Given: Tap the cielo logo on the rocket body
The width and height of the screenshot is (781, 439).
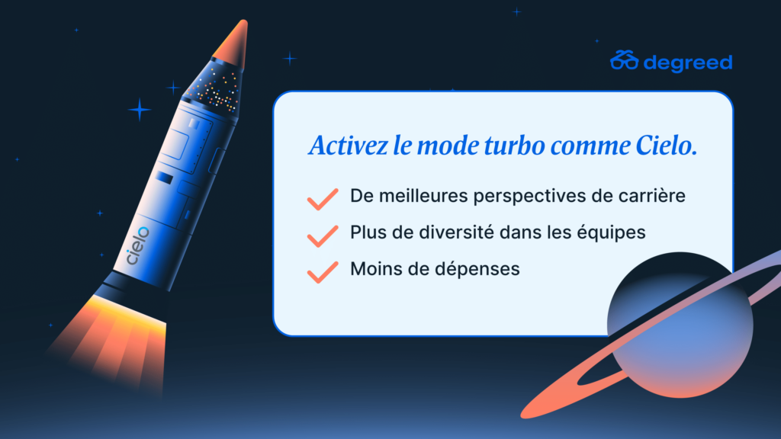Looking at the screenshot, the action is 137,245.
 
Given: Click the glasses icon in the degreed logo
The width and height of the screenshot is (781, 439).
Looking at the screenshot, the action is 624,60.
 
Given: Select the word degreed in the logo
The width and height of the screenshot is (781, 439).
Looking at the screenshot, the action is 688,63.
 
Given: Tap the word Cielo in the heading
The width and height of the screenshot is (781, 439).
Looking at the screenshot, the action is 667,146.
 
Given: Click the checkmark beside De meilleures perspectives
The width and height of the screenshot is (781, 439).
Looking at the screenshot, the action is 323,199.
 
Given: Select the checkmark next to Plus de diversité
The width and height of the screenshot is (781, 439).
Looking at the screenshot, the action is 323,236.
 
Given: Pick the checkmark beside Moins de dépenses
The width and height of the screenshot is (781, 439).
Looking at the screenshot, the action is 323,272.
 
